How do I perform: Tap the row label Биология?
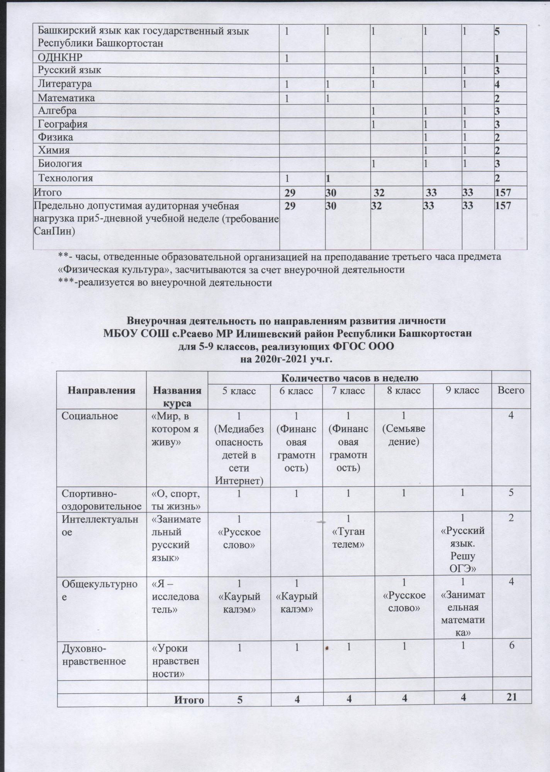pyautogui.click(x=60, y=164)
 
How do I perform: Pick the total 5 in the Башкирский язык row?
pyautogui.click(x=497, y=31)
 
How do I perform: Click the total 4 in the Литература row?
pyautogui.click(x=497, y=84)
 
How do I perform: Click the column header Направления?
pyautogui.click(x=102, y=390)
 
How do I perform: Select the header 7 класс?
pyautogui.click(x=348, y=390)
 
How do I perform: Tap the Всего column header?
pyautogui.click(x=511, y=390)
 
